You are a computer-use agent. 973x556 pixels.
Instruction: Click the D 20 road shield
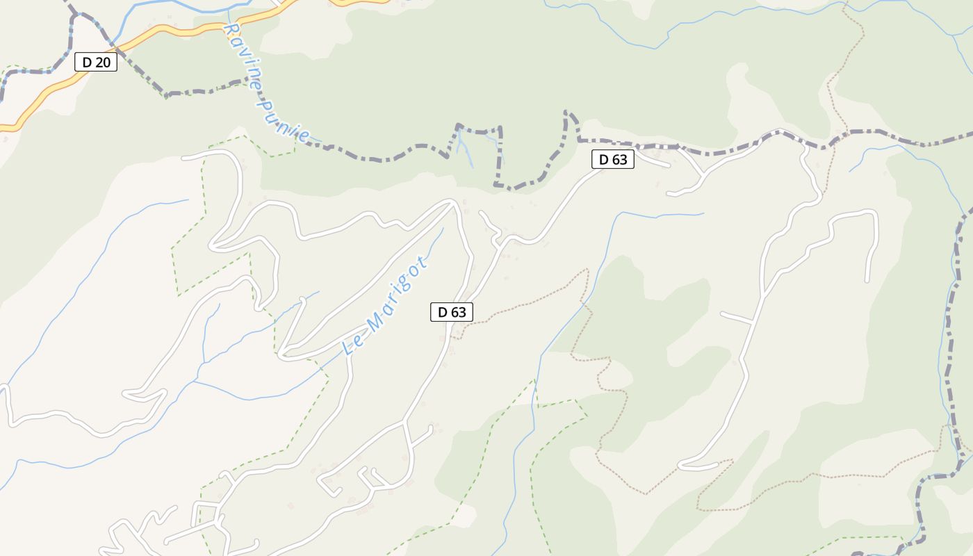pyautogui.click(x=96, y=63)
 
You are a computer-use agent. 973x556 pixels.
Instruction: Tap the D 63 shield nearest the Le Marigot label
pyautogui.click(x=452, y=313)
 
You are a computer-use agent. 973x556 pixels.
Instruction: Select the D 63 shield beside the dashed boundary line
pyautogui.click(x=613, y=160)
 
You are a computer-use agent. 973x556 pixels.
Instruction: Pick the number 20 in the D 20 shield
pyautogui.click(x=102, y=63)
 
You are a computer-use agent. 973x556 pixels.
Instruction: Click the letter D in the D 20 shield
pyautogui.click(x=87, y=63)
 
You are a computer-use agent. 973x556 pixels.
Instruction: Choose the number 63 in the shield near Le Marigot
pyautogui.click(x=458, y=313)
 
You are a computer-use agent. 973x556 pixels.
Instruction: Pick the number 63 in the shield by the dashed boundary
pyautogui.click(x=619, y=160)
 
